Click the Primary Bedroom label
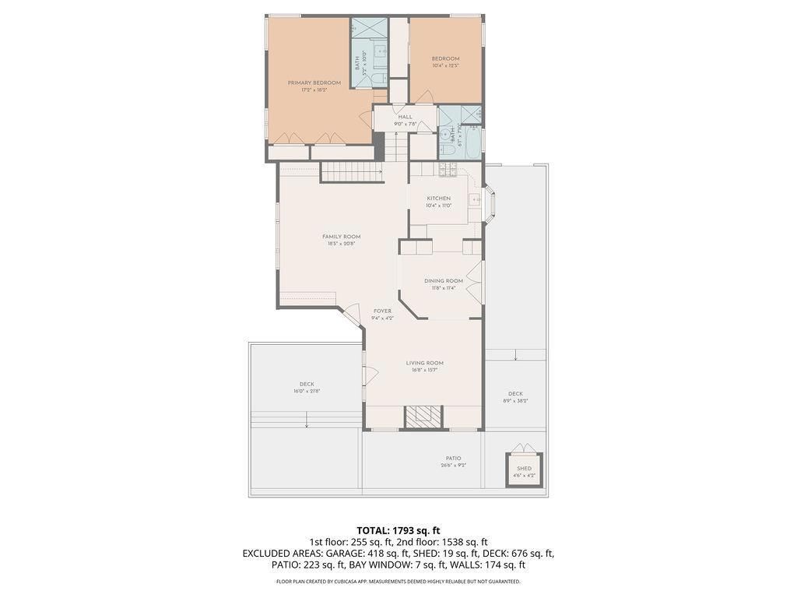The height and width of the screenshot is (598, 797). (314, 83)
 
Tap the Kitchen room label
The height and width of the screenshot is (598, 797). (438, 199)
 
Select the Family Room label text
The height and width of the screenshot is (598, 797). (341, 237)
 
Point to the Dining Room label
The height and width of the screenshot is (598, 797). (443, 281)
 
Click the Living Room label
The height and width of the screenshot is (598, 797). (424, 363)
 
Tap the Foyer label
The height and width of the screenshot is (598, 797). (382, 311)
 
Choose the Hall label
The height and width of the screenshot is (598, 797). (405, 117)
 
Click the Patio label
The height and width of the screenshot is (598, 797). (453, 459)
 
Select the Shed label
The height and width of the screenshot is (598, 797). (524, 469)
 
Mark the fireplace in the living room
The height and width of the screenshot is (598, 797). (424, 417)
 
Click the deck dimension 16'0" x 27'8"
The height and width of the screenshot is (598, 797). (307, 391)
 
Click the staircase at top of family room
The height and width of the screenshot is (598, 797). (352, 172)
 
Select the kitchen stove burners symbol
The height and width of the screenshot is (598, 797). (448, 169)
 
